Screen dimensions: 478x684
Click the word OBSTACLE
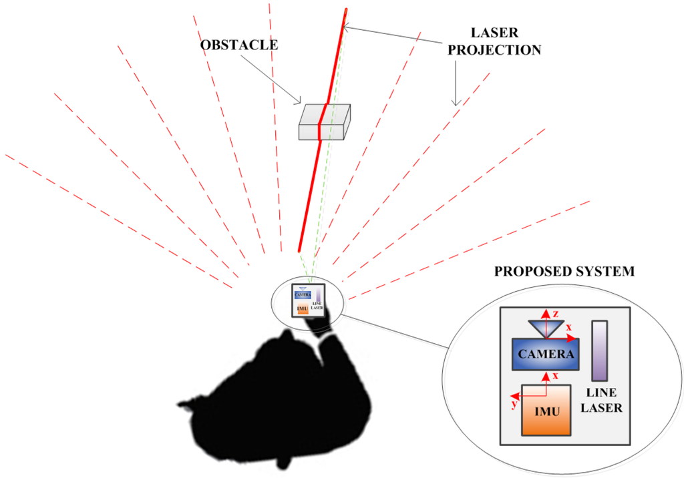(x=239, y=46)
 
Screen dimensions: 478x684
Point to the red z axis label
(x=555, y=313)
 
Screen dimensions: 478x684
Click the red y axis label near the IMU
(x=513, y=405)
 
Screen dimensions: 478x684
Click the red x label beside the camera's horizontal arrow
(x=568, y=327)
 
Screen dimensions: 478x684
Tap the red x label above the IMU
(x=555, y=377)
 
